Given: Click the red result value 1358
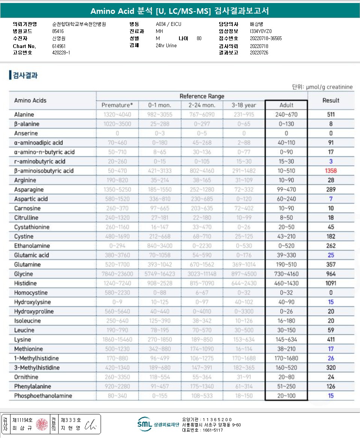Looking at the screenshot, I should pyautogui.click(x=331, y=171).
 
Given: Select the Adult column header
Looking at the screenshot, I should pyautogui.click(x=286, y=105).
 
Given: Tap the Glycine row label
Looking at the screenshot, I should pyautogui.click(x=24, y=274).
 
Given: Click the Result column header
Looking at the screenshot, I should pyautogui.click(x=331, y=100).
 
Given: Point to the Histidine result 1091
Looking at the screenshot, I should pyautogui.click(x=331, y=283).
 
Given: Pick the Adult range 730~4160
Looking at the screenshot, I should pyautogui.click(x=286, y=274).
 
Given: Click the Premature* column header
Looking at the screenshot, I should pyautogui.click(x=117, y=105).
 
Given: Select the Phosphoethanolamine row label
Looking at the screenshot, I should pyautogui.click(x=43, y=396).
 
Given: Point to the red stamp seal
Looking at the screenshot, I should pyautogui.click(x=42, y=424).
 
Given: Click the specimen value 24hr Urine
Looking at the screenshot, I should pyautogui.click(x=166, y=46).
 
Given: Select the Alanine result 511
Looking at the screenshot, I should pyautogui.click(x=331, y=114).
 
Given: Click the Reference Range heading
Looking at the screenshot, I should pyautogui.click(x=202, y=96).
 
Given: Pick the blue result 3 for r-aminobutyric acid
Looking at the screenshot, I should pyautogui.click(x=331, y=161).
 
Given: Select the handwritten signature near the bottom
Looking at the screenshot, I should pyautogui.click(x=90, y=424).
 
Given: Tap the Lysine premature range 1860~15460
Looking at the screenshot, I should pyautogui.click(x=117, y=339).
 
